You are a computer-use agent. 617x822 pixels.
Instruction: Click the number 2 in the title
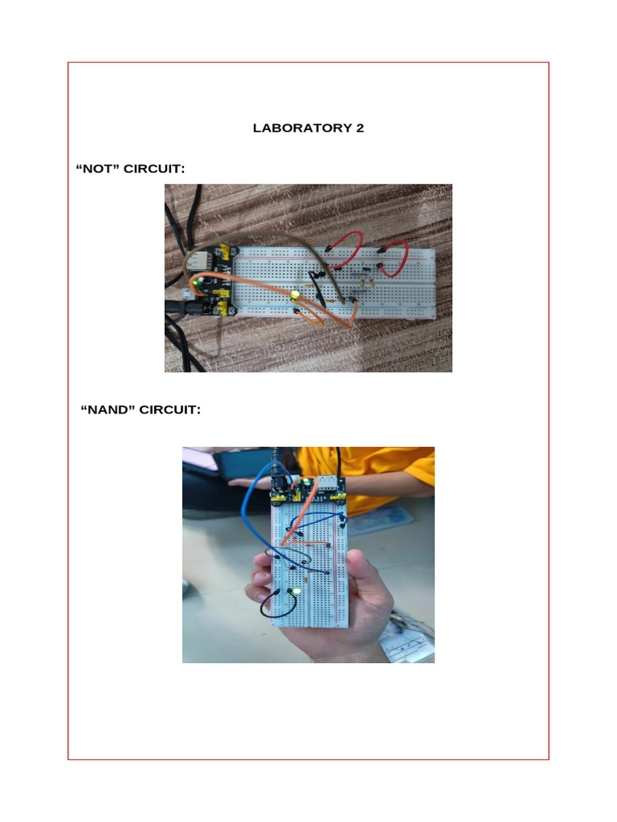coord(359,128)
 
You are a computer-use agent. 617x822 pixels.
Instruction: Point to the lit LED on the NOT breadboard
coord(295,296)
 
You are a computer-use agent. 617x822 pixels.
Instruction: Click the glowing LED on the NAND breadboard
coord(295,592)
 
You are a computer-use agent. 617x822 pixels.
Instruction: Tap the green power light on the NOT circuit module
coord(196,283)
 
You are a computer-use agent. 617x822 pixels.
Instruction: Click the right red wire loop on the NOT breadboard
coord(394,257)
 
